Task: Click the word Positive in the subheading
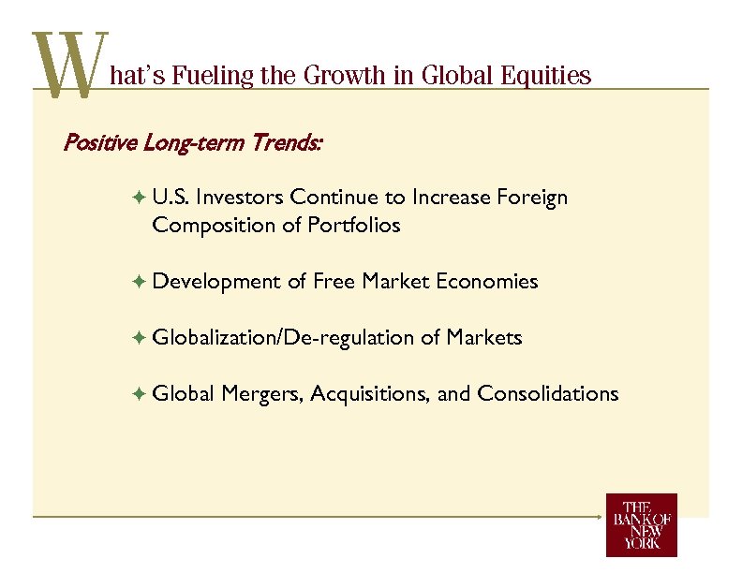click(x=97, y=143)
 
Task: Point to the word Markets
click(x=484, y=337)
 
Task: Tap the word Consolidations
click(x=547, y=393)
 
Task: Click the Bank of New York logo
click(x=641, y=525)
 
